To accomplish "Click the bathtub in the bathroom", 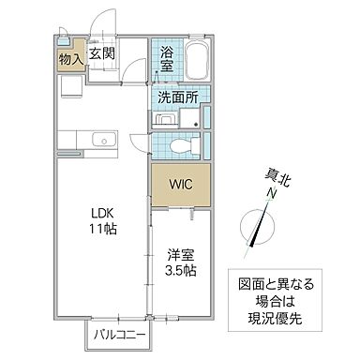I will [x=198, y=64].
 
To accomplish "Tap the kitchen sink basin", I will [x=100, y=142].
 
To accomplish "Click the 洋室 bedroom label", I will [x=181, y=253].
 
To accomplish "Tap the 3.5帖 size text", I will [x=181, y=271].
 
